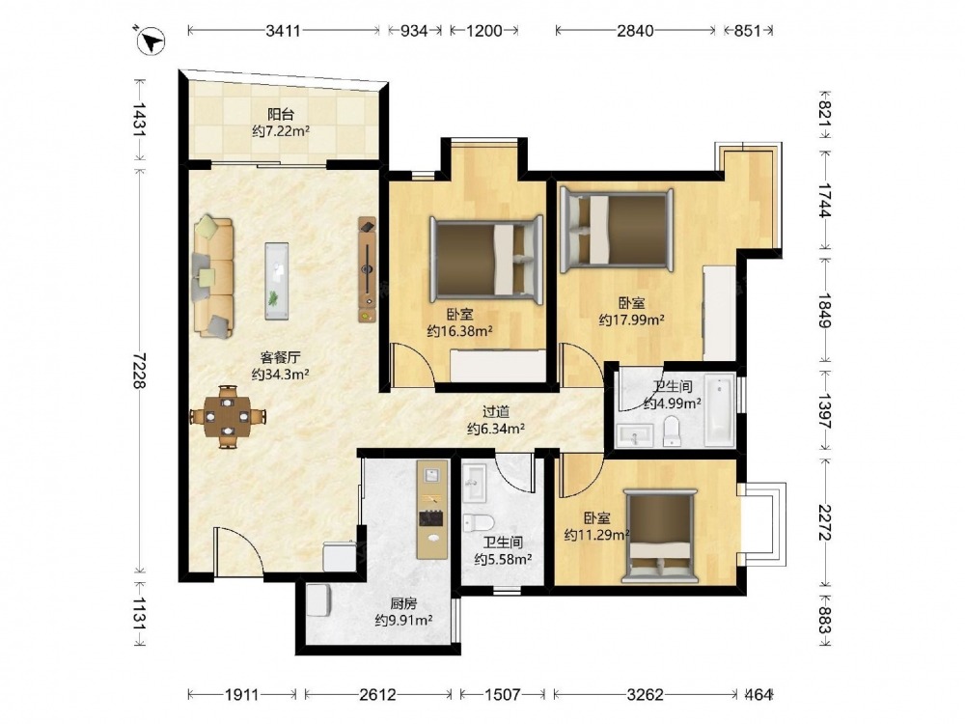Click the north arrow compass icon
coord(151,41)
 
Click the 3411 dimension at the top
coord(283,30)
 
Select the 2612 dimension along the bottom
coord(377,695)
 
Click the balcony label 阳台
coord(281,115)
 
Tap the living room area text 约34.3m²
coord(280,375)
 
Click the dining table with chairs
coord(228,417)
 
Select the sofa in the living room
coord(213,276)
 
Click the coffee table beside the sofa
coord(276,281)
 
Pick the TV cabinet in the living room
coord(368,269)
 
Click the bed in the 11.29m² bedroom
coord(660,536)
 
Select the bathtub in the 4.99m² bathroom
coord(720,409)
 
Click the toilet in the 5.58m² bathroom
coord(479,522)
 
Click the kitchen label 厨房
coord(403,603)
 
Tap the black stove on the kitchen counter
coord(432,519)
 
